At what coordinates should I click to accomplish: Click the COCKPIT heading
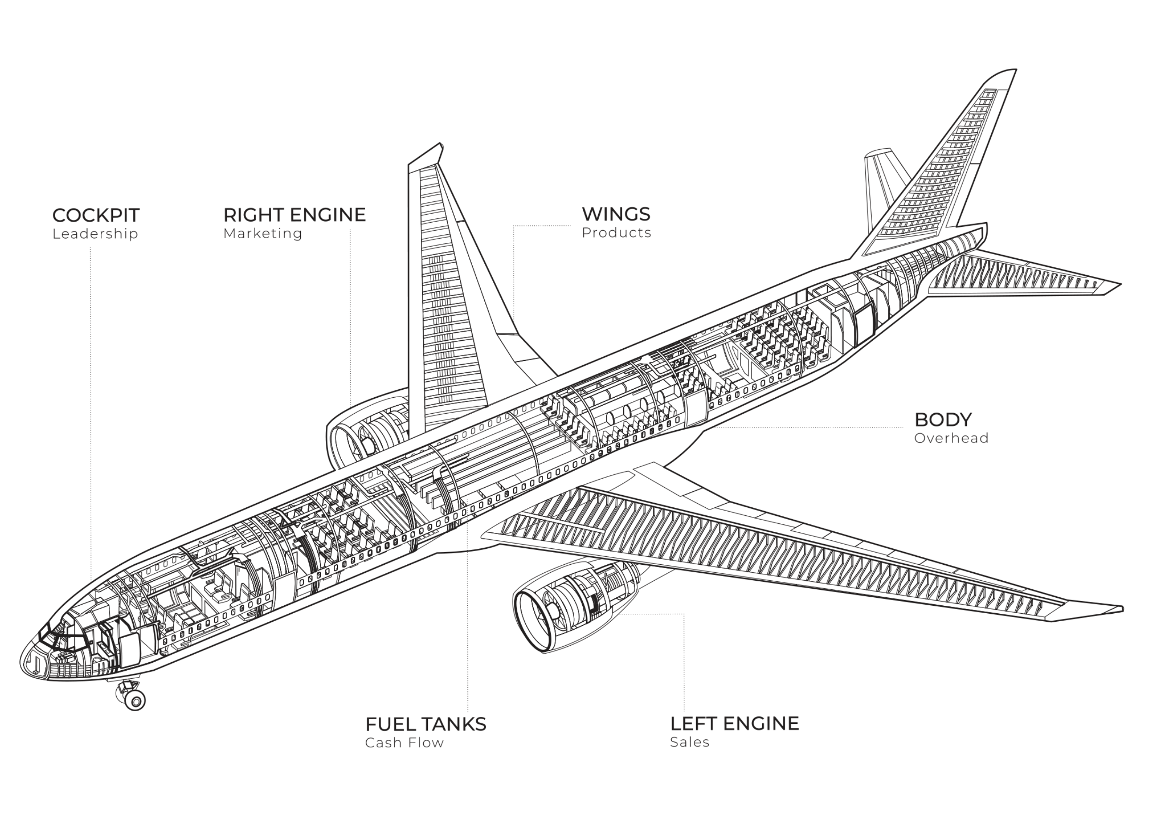tap(96, 215)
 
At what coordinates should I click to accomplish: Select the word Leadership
tap(95, 234)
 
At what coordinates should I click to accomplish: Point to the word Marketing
tap(263, 233)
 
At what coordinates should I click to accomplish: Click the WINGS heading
tap(616, 214)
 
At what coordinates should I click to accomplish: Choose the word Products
tap(616, 233)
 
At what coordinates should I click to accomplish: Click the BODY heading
tap(943, 419)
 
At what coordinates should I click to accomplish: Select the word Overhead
tap(951, 438)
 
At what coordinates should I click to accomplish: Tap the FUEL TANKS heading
tap(426, 724)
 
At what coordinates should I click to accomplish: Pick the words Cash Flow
tap(404, 743)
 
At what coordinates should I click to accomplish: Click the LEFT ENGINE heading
tap(734, 724)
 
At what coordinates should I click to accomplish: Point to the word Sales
tap(690, 742)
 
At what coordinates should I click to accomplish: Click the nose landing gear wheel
tap(135, 700)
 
